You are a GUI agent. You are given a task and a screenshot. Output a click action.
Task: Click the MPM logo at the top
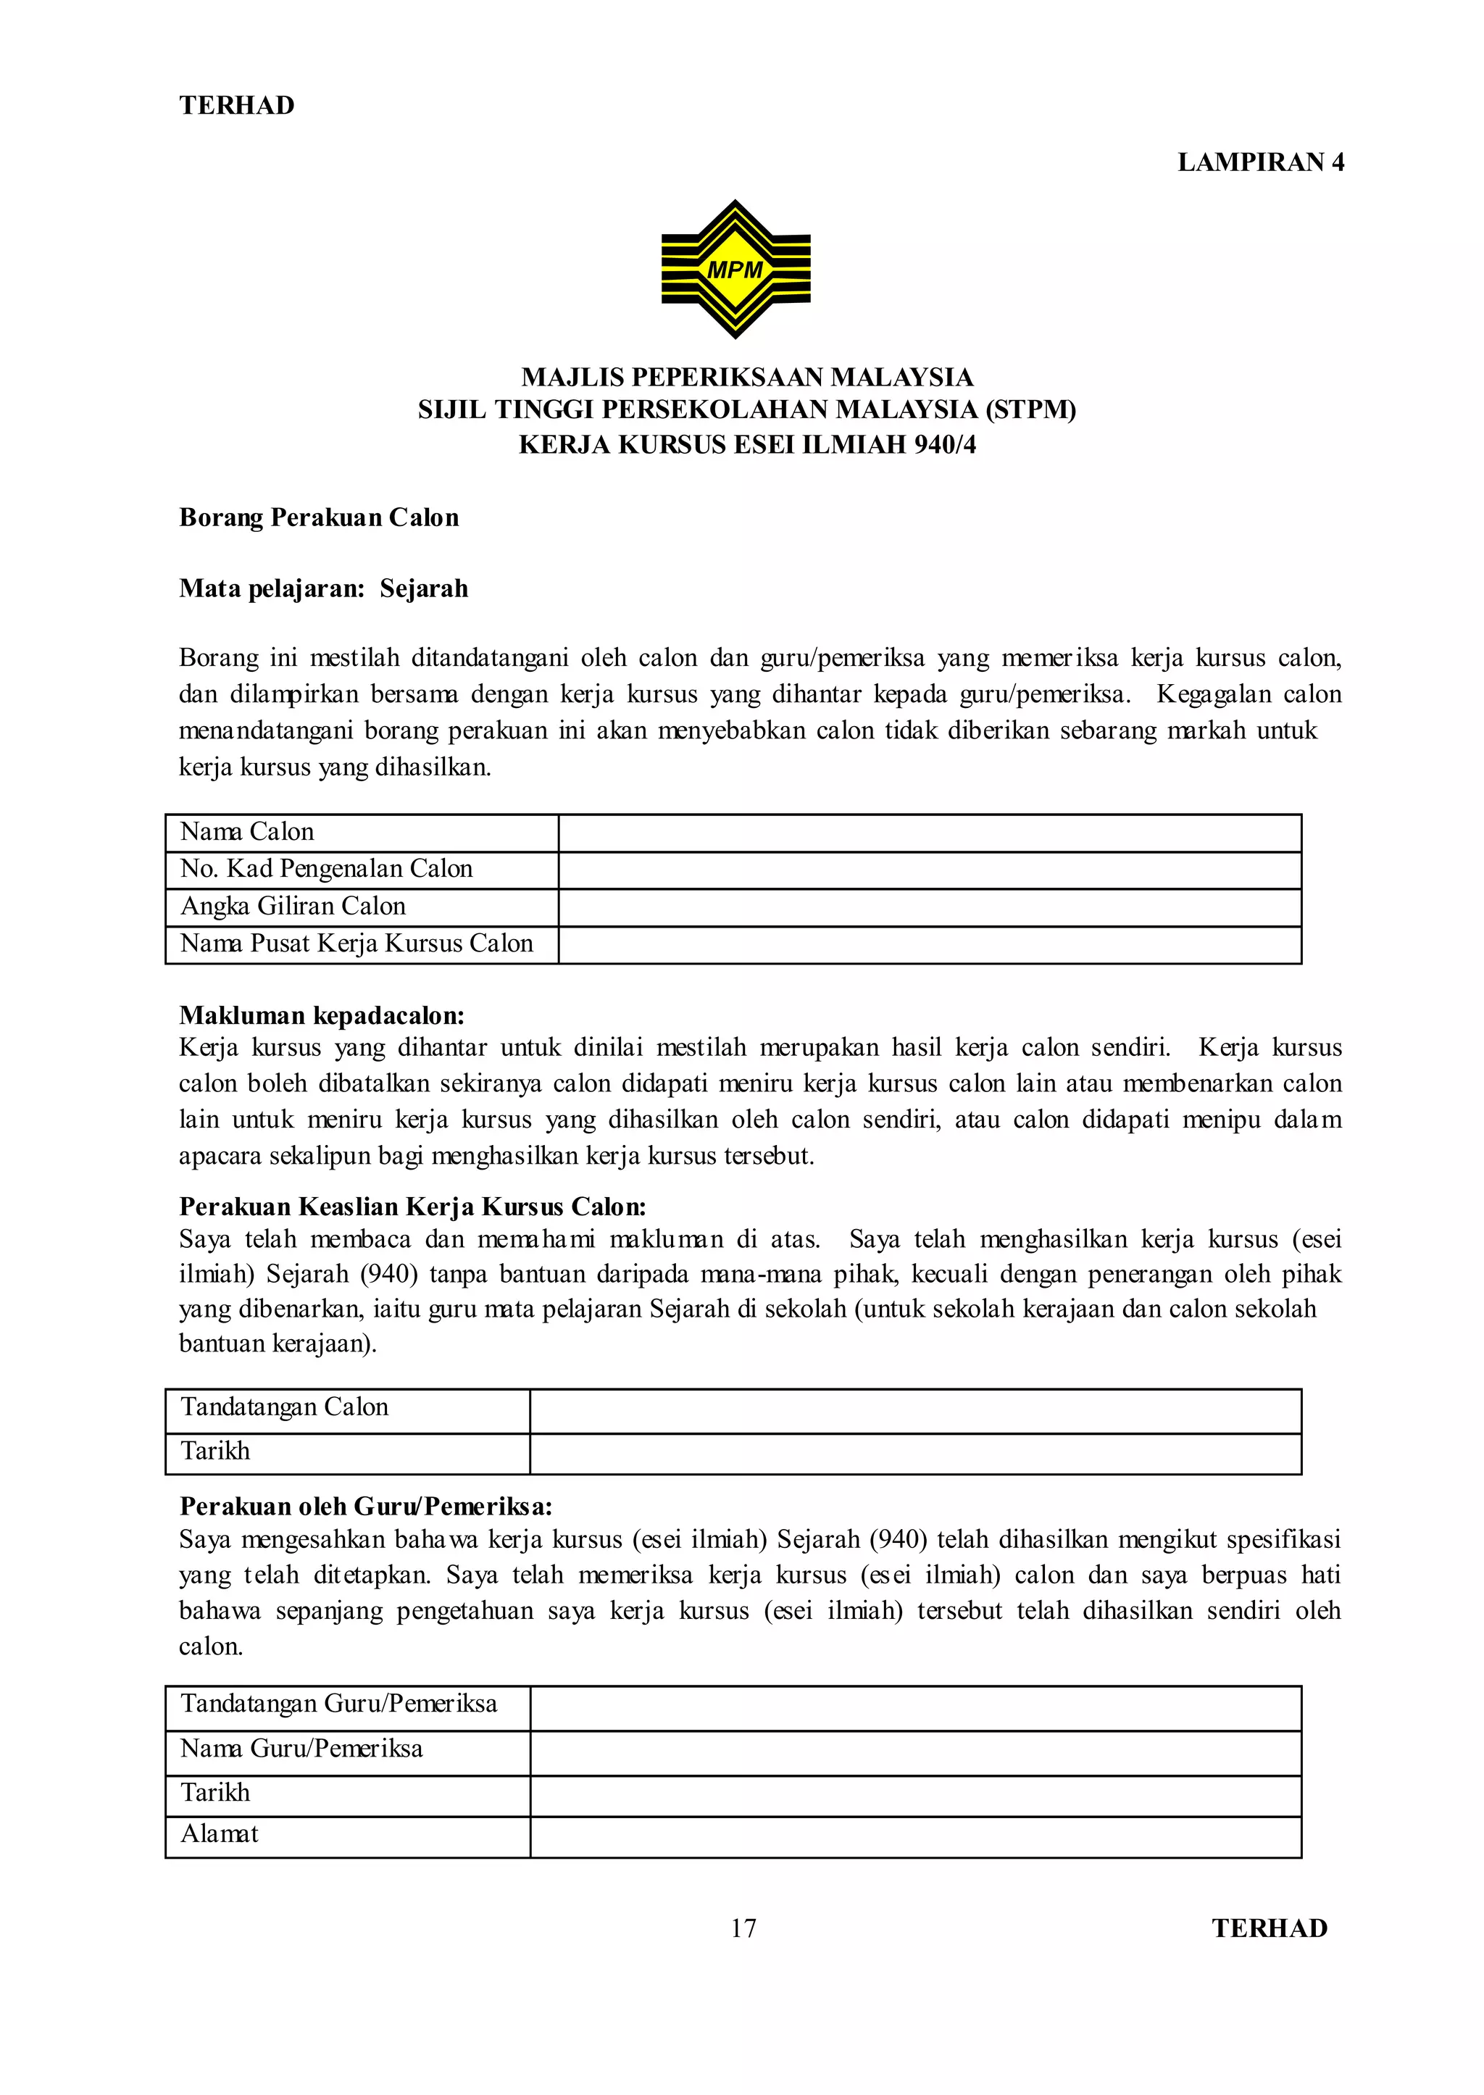pyautogui.click(x=735, y=269)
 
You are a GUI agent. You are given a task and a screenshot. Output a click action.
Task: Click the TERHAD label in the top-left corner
pyautogui.click(x=237, y=105)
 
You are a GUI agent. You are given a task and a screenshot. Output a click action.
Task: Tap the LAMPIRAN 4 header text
pyautogui.click(x=1260, y=162)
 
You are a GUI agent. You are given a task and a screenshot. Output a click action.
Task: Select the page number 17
pyautogui.click(x=743, y=1928)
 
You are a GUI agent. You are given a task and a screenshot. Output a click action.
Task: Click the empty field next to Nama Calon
pyautogui.click(x=930, y=833)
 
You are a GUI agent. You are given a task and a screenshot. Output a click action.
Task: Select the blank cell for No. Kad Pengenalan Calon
pyautogui.click(x=930, y=870)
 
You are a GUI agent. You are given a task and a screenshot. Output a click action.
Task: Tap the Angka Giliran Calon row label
pyautogui.click(x=293, y=907)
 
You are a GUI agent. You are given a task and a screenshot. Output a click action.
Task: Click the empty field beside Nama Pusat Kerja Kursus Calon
pyautogui.click(x=930, y=945)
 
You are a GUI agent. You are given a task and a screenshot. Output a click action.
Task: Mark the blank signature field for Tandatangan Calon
pyautogui.click(x=914, y=1412)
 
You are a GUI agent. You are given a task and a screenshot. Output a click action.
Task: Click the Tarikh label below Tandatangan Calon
pyautogui.click(x=214, y=1451)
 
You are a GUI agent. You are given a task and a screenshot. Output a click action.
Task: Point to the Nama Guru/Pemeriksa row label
pyautogui.click(x=301, y=1748)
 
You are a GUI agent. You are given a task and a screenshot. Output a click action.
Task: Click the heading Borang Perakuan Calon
pyautogui.click(x=319, y=517)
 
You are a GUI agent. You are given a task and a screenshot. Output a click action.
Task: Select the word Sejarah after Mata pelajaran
pyautogui.click(x=424, y=588)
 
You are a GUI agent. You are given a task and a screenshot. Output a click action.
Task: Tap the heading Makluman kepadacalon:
pyautogui.click(x=322, y=1015)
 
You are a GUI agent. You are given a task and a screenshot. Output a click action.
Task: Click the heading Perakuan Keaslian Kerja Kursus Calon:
pyautogui.click(x=412, y=1207)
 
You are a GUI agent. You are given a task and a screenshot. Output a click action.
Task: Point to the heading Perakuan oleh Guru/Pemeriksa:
pyautogui.click(x=365, y=1506)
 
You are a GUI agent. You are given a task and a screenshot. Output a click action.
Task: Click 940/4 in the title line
pyautogui.click(x=944, y=445)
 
